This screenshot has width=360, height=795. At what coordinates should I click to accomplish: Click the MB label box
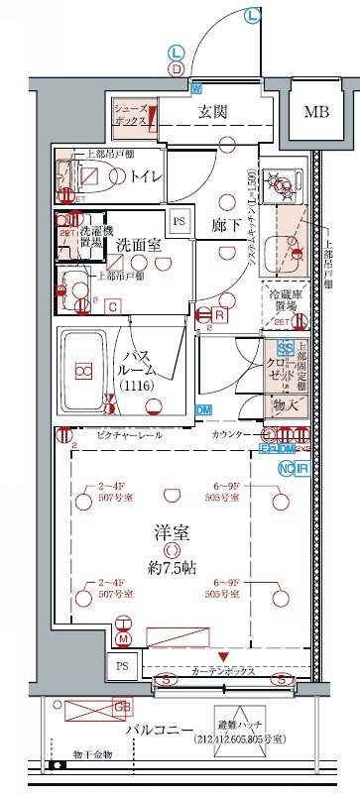[316, 111]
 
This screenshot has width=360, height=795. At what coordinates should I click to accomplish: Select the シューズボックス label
[131, 113]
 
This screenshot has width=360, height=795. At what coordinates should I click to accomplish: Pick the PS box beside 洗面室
[179, 221]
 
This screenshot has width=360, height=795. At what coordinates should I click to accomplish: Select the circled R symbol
[219, 315]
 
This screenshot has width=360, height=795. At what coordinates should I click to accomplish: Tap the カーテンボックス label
[223, 671]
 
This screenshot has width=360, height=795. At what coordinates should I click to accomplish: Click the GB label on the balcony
[121, 707]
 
